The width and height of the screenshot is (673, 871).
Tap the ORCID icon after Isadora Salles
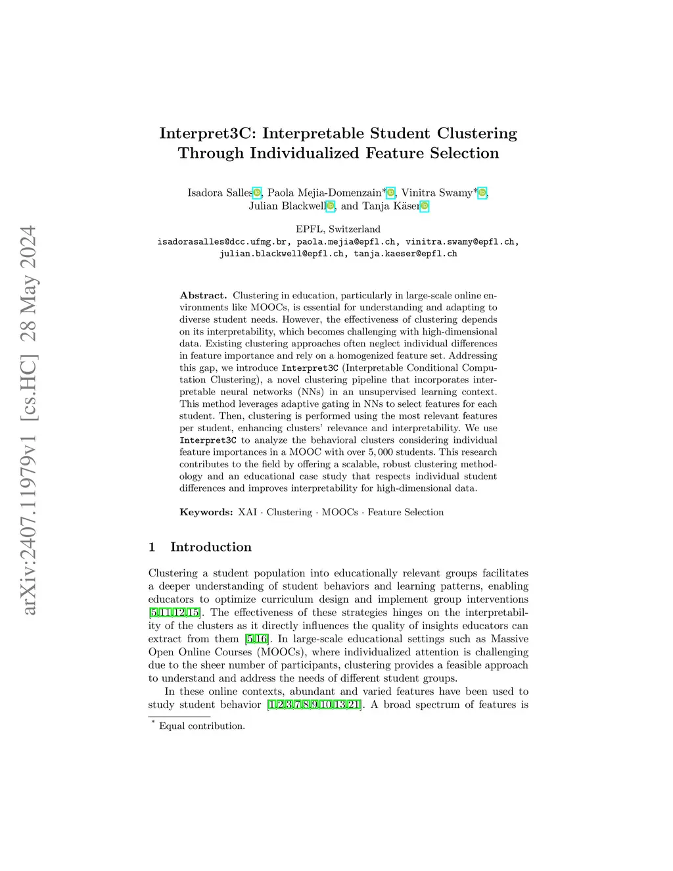[257, 193]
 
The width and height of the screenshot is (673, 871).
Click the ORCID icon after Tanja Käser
[425, 206]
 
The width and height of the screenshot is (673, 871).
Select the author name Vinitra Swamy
[436, 193]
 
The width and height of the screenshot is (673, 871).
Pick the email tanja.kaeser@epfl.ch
[406, 254]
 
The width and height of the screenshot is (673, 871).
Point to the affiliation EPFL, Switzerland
[338, 229]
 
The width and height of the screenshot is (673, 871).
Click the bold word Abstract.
[203, 296]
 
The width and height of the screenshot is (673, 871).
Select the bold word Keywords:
[206, 512]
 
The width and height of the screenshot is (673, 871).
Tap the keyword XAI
[247, 512]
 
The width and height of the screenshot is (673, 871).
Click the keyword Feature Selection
[406, 512]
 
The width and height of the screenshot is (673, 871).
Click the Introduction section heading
[211, 547]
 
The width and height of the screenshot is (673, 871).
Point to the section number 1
[152, 547]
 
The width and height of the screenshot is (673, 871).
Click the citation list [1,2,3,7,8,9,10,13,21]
[314, 705]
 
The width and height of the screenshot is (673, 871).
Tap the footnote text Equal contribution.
[202, 726]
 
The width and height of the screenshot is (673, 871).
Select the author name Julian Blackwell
[287, 206]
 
